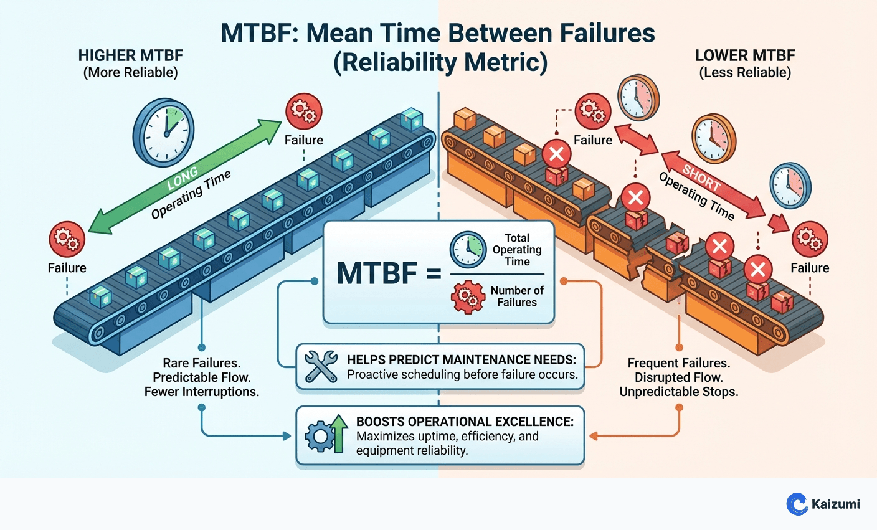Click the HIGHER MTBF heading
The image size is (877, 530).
click(x=130, y=55)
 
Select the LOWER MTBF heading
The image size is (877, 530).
click(x=745, y=55)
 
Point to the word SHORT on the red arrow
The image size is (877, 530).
click(x=701, y=178)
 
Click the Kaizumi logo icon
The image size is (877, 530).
click(x=797, y=504)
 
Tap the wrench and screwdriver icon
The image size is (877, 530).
click(x=321, y=366)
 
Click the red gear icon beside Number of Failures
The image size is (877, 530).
click(x=468, y=296)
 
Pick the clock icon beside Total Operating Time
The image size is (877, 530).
click(x=468, y=250)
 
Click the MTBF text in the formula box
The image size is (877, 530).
click(x=376, y=274)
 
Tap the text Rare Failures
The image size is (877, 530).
click(x=202, y=363)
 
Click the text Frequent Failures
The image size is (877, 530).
click(x=678, y=363)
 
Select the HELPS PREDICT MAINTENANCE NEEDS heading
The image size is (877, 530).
click(x=462, y=360)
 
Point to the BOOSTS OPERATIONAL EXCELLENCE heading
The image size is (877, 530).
click(x=465, y=422)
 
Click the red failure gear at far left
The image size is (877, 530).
click(x=67, y=239)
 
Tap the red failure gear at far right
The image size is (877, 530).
click(x=810, y=239)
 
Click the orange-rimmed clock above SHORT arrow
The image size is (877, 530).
click(x=713, y=138)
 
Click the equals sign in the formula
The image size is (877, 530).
click(x=434, y=274)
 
